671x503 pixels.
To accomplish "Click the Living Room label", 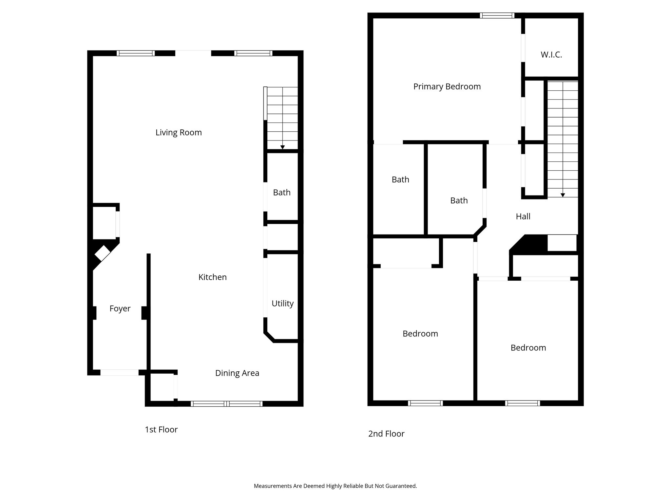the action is click(179, 133).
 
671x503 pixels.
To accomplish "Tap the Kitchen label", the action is click(213, 277).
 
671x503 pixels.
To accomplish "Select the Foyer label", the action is click(120, 309).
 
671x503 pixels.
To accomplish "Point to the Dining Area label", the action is click(237, 373).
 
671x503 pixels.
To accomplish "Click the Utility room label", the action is click(282, 304).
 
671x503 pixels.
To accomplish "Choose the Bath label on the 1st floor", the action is click(282, 193).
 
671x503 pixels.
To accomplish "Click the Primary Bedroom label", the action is click(447, 87).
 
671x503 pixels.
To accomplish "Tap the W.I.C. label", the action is click(551, 55).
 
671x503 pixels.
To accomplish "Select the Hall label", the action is click(523, 216).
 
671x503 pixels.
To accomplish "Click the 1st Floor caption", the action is click(161, 429).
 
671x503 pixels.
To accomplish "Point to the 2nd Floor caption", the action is click(386, 434).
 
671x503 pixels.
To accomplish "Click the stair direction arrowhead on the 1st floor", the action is click(282, 147).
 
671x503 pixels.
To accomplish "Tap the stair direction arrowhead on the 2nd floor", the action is click(563, 195).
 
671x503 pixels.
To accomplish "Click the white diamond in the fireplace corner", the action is click(103, 253).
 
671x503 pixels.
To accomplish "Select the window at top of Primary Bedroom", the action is click(497, 15).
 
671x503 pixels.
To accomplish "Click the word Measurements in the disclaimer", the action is click(273, 486).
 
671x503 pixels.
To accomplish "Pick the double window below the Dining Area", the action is click(227, 404).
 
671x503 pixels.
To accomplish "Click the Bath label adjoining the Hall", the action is click(459, 200).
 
